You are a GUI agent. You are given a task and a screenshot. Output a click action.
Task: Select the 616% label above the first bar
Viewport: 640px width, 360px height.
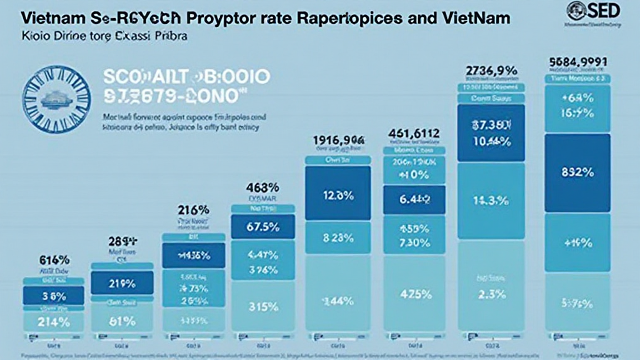tap(54, 260)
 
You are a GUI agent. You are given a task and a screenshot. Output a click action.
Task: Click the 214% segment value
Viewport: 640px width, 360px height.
tap(54, 322)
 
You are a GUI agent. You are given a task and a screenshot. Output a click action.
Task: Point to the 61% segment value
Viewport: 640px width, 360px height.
tap(122, 321)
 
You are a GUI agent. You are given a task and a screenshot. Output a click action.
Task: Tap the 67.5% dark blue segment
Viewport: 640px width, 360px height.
tap(262, 227)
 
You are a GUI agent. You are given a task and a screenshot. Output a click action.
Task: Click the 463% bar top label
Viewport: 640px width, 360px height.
tap(262, 187)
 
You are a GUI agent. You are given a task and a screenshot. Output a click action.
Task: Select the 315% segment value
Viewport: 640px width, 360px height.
tap(262, 307)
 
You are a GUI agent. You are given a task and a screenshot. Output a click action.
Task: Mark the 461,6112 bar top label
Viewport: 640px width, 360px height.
tap(413, 133)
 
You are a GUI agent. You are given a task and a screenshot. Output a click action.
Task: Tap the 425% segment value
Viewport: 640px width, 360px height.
tap(413, 294)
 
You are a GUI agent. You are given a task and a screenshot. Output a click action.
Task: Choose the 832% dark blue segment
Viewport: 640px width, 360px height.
tap(577, 172)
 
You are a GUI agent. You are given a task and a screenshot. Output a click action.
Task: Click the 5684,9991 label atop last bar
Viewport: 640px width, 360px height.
tap(577, 62)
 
